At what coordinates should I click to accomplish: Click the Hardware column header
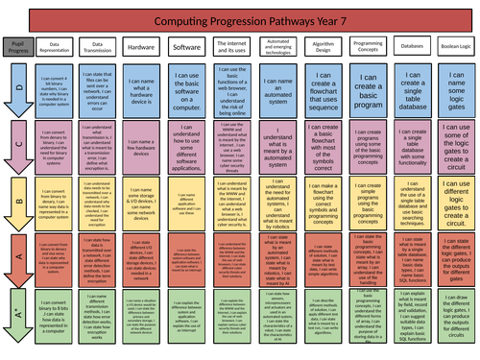tap(140, 45)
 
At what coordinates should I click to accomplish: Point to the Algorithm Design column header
tap(322, 45)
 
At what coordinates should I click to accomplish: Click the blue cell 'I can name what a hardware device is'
tap(140, 90)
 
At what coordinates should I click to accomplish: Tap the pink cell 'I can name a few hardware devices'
tap(140, 145)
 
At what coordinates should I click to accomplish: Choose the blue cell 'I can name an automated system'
tap(278, 90)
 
